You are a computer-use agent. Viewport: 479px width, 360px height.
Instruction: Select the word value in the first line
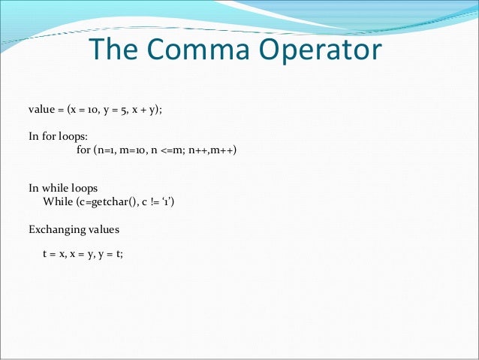42,109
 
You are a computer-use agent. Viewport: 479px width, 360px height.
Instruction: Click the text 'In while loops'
63,187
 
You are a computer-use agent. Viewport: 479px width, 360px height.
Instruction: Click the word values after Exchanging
102,228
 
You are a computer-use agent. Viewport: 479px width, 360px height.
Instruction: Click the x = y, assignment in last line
82,254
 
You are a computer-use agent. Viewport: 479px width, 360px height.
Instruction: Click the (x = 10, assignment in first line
80,109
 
